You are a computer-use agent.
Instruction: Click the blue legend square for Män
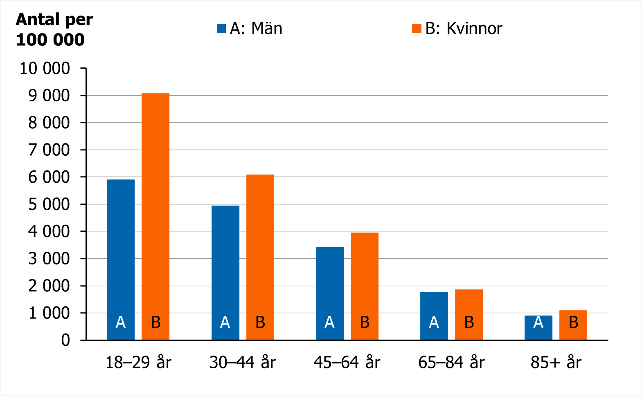(221, 29)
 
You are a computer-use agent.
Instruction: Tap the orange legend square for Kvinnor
(417, 29)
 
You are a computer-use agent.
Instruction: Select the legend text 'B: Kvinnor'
(464, 29)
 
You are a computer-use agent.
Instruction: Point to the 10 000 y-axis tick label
(45, 68)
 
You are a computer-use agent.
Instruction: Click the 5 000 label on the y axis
(49, 204)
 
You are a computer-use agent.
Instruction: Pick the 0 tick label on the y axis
(65, 340)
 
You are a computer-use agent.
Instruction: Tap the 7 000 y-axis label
(49, 150)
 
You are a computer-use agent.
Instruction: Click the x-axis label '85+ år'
(556, 362)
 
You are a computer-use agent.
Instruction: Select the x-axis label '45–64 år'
(347, 362)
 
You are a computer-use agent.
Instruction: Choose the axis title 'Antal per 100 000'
(54, 29)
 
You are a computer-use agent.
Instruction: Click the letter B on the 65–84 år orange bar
(469, 323)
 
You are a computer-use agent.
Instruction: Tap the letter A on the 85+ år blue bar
(538, 323)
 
